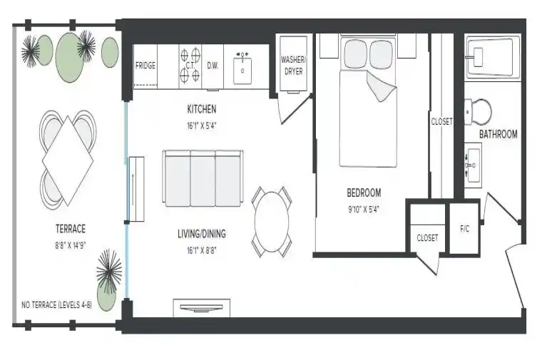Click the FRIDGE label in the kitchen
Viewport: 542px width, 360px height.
click(145, 66)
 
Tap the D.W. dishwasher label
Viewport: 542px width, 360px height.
click(213, 66)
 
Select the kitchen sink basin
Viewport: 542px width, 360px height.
click(242, 71)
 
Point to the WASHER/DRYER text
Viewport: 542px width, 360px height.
click(293, 66)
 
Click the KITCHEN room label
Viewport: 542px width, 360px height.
click(202, 109)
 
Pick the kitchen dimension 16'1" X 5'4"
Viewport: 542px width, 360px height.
click(202, 125)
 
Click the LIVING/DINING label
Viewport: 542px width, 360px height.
click(202, 234)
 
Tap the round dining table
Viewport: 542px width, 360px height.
click(272, 222)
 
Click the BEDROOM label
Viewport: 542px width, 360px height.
click(364, 192)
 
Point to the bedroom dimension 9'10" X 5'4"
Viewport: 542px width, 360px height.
click(364, 210)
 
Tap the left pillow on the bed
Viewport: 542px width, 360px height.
click(356, 54)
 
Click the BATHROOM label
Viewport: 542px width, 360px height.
click(498, 134)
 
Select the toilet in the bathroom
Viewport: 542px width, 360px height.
click(478, 112)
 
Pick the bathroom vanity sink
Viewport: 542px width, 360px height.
click(473, 165)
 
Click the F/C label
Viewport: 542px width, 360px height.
click(464, 229)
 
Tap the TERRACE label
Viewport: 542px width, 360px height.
click(70, 229)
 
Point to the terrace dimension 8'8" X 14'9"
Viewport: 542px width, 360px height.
click(70, 246)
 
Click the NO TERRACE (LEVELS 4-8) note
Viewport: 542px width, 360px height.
click(56, 305)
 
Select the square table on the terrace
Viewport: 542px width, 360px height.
click(68, 161)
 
